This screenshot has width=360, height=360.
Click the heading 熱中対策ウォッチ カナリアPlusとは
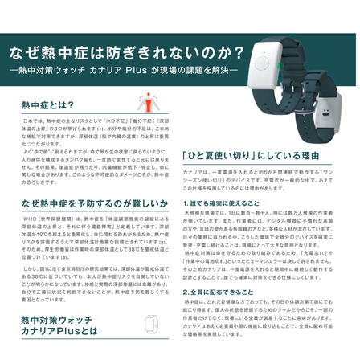click(59, 336)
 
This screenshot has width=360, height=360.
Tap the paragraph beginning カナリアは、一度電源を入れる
click(264, 180)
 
